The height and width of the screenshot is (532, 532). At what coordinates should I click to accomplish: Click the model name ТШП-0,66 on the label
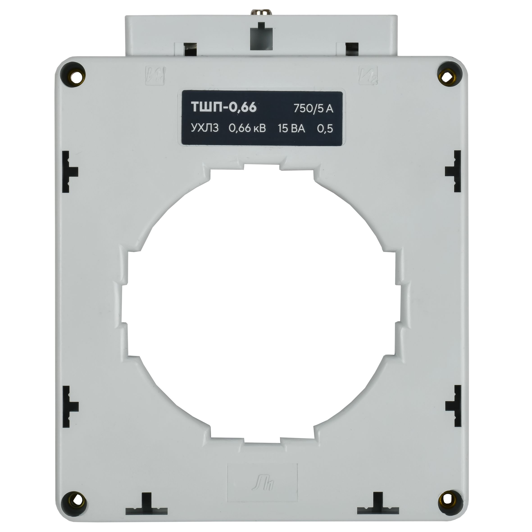[x=224, y=107]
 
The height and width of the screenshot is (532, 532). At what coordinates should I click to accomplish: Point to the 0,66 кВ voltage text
[x=247, y=129]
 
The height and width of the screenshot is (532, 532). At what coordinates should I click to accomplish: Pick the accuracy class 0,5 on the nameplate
[x=325, y=129]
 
